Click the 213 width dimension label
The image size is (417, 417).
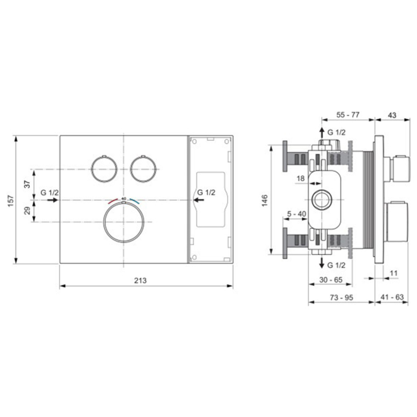tap(140, 280)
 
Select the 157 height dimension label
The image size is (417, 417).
tap(11, 201)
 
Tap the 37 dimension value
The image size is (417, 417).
tap(27, 184)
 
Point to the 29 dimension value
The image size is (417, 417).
tap(27, 211)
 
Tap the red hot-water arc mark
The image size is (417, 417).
tap(113, 201)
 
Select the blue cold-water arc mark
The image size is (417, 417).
tap(134, 201)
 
